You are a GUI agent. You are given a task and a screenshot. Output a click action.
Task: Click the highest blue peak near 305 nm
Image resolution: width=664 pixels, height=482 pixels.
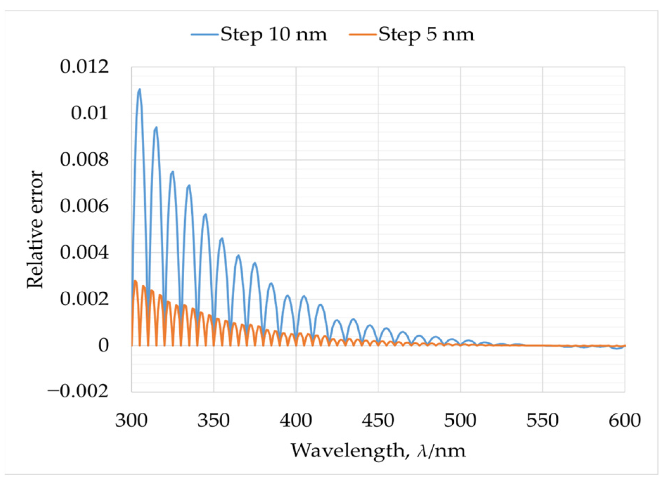click(x=140, y=90)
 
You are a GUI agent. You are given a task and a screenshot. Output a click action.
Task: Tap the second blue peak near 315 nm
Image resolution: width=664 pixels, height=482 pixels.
click(x=156, y=128)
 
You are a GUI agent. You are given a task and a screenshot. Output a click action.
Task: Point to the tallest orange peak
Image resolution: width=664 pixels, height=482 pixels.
click(x=135, y=281)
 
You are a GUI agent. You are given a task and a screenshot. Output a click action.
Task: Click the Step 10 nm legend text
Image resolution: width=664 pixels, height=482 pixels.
click(x=274, y=34)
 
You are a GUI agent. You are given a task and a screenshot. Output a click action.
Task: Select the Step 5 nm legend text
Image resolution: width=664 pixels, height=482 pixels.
click(x=426, y=34)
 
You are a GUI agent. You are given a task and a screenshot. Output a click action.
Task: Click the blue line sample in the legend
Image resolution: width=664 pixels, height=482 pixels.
click(x=204, y=34)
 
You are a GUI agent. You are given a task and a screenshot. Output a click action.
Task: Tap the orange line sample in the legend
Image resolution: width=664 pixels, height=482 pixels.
click(x=362, y=34)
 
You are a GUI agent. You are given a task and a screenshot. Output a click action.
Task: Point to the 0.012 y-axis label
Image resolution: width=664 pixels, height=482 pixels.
click(x=84, y=66)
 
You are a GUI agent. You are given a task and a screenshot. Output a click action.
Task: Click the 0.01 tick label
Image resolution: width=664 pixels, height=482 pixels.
click(x=89, y=113)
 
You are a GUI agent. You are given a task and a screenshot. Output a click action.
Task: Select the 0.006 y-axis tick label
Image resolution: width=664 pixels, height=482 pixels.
click(x=84, y=206)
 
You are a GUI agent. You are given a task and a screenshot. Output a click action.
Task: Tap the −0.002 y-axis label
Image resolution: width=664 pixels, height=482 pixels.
click(x=78, y=391)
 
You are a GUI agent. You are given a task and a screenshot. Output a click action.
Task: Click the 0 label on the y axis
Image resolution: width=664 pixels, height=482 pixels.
click(x=103, y=345)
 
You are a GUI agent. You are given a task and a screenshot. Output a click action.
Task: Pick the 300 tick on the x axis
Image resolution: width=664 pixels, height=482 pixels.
click(x=131, y=420)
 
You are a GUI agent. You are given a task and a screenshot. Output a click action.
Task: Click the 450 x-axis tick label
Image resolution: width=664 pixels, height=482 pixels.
click(x=378, y=420)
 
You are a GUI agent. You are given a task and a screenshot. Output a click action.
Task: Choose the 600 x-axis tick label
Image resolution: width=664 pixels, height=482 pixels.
click(x=625, y=420)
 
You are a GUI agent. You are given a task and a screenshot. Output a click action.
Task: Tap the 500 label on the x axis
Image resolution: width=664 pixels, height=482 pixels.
click(x=460, y=420)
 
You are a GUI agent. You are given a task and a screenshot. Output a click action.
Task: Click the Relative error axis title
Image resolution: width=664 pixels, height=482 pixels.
click(x=35, y=229)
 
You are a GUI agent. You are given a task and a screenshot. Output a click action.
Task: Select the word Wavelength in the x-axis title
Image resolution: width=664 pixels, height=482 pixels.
click(x=348, y=450)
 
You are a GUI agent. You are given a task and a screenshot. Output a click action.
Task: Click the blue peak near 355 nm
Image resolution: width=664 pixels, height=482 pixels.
click(x=222, y=239)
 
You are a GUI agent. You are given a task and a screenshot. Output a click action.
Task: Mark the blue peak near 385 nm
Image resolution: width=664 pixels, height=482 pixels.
click(x=271, y=284)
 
